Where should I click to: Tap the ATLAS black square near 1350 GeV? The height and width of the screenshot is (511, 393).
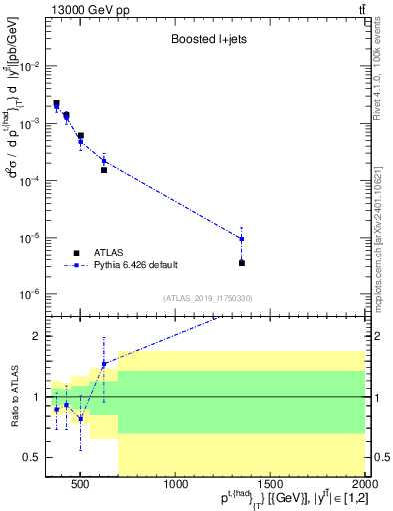point(242,263)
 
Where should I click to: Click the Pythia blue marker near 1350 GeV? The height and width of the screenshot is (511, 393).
point(242,239)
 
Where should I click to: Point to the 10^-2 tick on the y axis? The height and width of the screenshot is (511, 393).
point(33,66)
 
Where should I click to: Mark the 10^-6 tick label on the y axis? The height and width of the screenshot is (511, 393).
point(33,295)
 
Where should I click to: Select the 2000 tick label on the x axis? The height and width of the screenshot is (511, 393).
point(364,486)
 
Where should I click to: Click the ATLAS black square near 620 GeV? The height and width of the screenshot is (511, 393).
point(104,170)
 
